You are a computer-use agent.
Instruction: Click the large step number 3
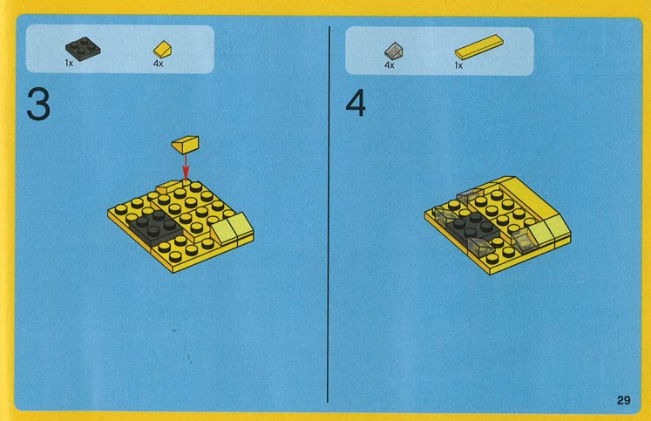38,104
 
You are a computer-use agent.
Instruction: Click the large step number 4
356,103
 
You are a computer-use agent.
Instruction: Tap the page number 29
624,400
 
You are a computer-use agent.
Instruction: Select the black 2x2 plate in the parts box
83,49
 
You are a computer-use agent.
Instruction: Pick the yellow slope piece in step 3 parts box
162,50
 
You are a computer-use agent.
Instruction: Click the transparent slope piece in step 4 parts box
393,51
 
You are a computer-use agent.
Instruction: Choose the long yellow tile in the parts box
479,46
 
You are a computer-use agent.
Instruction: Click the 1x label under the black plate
69,64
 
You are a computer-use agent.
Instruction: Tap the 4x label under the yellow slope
159,64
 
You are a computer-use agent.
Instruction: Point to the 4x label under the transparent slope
389,65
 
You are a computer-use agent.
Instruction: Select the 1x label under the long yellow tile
458,65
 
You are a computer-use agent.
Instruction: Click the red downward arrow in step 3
186,166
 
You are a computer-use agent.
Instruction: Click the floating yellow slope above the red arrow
185,145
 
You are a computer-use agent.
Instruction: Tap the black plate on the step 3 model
154,226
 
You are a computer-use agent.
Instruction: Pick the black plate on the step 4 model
472,229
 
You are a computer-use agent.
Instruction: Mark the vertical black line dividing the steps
329,214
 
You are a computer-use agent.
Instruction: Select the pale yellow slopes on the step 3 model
232,229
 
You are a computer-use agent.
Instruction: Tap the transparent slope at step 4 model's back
468,194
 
